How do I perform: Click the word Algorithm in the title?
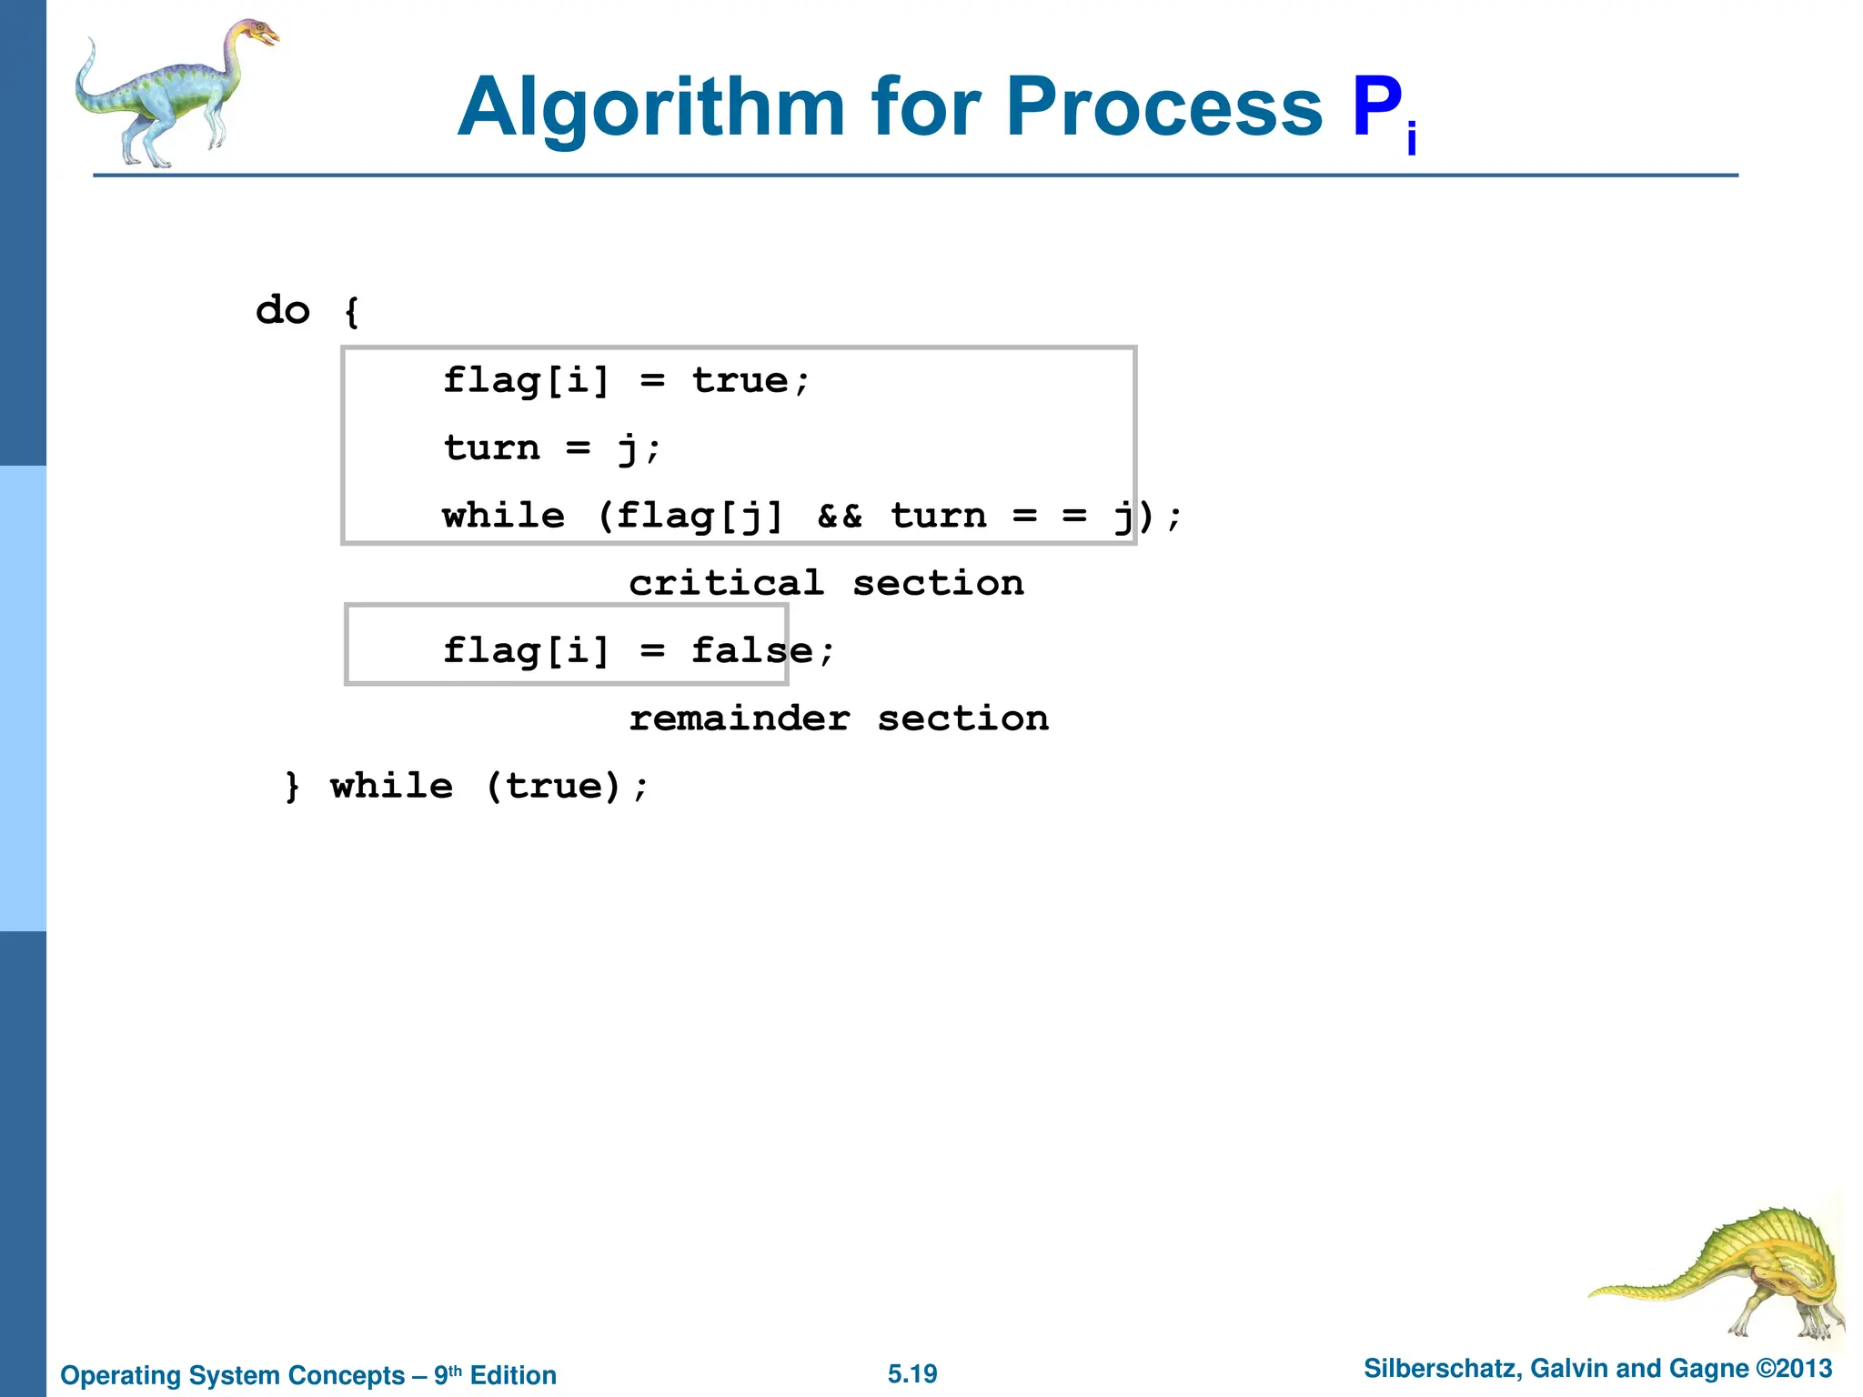(651, 109)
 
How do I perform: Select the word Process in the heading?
(1163, 109)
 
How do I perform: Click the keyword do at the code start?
(283, 311)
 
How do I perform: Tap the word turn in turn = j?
(491, 448)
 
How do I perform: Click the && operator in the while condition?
(839, 517)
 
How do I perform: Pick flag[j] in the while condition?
(699, 517)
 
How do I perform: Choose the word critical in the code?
(726, 583)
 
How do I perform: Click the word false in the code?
(751, 651)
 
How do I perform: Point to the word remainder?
(740, 719)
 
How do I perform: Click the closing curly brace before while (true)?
(292, 786)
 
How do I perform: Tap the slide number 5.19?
(912, 1373)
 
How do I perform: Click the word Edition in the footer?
(513, 1375)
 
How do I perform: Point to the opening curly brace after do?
(352, 311)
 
